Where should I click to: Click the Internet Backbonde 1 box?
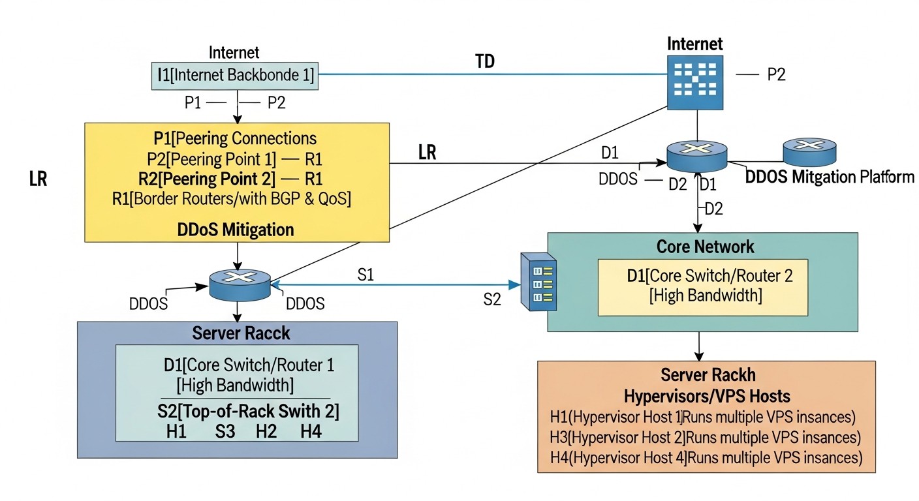point(234,75)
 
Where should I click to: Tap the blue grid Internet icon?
point(695,82)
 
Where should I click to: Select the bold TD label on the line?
point(485,62)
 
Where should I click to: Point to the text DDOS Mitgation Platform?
point(829,177)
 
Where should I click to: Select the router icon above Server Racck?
point(240,285)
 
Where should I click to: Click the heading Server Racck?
point(241,333)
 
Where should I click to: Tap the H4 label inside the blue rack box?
point(311,431)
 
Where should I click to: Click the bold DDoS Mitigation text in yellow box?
point(236,230)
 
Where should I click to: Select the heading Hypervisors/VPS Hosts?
point(707,395)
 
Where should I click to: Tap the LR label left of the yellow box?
point(38,179)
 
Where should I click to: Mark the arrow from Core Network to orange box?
point(699,346)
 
